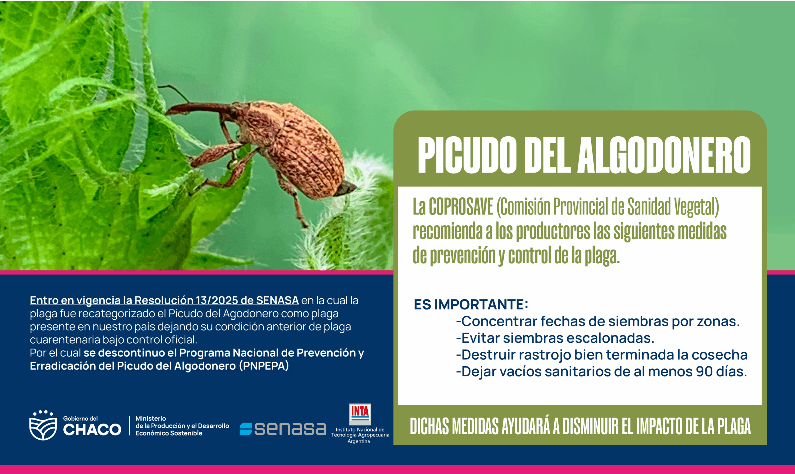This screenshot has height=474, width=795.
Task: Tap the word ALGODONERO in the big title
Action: tap(664, 155)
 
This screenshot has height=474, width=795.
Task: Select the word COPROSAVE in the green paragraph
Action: tap(461, 207)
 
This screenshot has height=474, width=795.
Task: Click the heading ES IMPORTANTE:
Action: tap(471, 305)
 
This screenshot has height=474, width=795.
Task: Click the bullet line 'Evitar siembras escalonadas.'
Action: tap(555, 338)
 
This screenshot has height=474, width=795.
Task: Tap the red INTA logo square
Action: tap(360, 414)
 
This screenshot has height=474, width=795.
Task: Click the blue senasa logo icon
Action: tap(246, 429)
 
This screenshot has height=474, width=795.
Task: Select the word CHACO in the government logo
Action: tap(92, 430)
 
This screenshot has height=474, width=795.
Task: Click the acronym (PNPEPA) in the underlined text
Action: tap(264, 366)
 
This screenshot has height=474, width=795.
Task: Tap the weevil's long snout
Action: tap(198, 108)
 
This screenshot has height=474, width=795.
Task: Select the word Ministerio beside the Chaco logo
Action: tap(151, 418)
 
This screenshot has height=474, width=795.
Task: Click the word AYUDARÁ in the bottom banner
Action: tap(526, 426)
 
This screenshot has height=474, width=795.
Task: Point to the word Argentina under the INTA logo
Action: tap(359, 441)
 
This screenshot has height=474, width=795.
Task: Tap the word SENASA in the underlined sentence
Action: tap(277, 300)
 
